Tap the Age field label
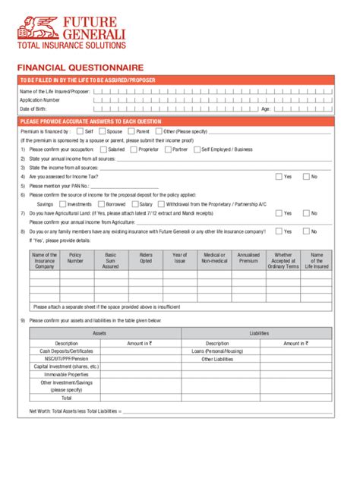point(265,108)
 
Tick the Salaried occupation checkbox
point(103,149)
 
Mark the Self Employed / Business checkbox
point(198,149)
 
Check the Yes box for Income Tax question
point(279,177)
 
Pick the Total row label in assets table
point(66,397)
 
